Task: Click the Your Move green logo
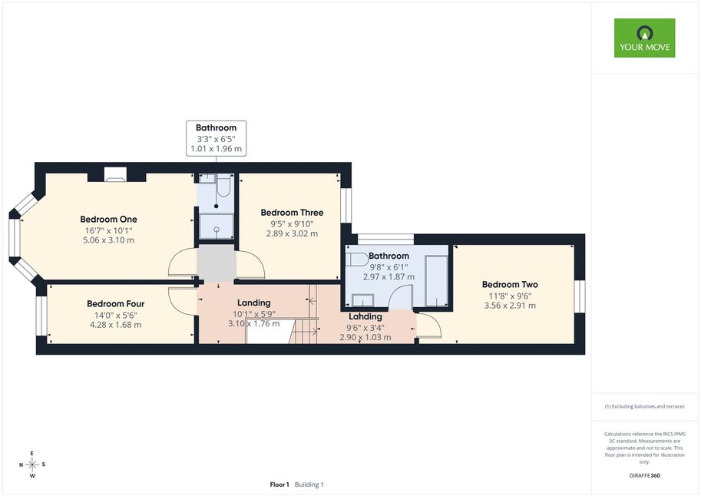pos(644,38)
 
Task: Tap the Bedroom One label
pos(108,219)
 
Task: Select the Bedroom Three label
pos(292,213)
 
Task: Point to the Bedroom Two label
pos(510,284)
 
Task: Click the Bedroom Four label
pos(116,304)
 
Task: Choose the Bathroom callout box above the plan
pos(216,138)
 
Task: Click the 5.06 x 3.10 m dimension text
pos(108,240)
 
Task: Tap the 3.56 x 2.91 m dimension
pos(510,306)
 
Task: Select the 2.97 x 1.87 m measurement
pos(389,277)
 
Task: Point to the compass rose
pos(32,465)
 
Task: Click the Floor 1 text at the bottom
pos(279,484)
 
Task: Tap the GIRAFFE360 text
pos(644,475)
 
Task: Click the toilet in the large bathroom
pos(356,260)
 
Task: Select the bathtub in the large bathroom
pos(436,281)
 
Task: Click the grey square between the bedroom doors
pos(217,263)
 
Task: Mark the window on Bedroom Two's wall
pos(580,296)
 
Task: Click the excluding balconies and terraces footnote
pos(644,406)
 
